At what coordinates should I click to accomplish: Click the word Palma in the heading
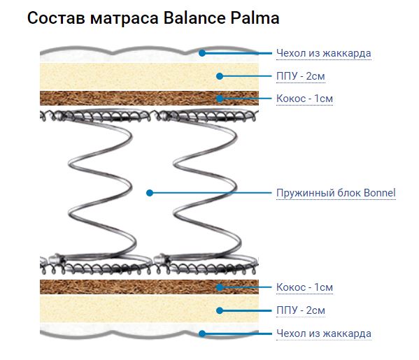point(255,18)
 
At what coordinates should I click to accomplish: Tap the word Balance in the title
point(194,18)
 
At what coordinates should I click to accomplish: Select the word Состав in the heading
point(56,18)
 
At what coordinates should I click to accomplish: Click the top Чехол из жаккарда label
point(324,53)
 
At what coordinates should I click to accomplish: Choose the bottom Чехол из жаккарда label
point(324,333)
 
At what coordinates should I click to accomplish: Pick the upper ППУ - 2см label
point(301,76)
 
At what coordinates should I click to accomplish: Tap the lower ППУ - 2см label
point(301,310)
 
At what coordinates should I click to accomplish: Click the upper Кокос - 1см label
point(304,99)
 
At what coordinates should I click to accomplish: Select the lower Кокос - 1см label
point(304,287)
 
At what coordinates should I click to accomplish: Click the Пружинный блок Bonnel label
point(336,193)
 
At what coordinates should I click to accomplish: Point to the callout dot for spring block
point(150,193)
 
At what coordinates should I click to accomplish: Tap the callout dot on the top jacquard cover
point(202,53)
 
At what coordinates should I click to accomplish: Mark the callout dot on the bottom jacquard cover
point(202,333)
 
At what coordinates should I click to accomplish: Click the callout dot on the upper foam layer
point(220,76)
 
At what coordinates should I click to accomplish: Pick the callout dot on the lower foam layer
point(220,310)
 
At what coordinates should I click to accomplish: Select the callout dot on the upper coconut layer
point(220,99)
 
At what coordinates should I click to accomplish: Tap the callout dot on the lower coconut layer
point(220,287)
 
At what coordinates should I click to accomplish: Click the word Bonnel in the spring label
point(379,193)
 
